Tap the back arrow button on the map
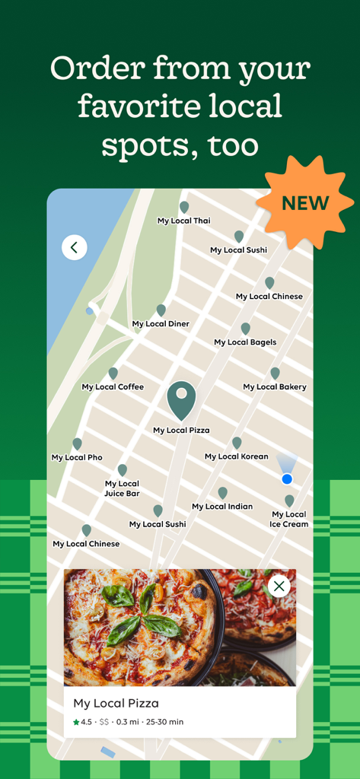pyautogui.click(x=74, y=247)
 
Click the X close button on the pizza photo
pyautogui.click(x=279, y=586)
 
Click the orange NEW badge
pyautogui.click(x=305, y=203)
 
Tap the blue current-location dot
pyautogui.click(x=287, y=479)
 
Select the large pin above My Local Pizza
pyautogui.click(x=181, y=399)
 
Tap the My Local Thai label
pyautogui.click(x=183, y=221)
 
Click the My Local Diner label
pyautogui.click(x=161, y=324)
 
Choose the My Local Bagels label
pyautogui.click(x=245, y=342)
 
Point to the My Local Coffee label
pyautogui.click(x=113, y=387)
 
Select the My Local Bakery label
pyautogui.click(x=275, y=387)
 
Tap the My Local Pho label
pyautogui.click(x=77, y=457)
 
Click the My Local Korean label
pyautogui.click(x=237, y=456)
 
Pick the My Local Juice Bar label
pyautogui.click(x=122, y=488)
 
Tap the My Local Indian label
pyautogui.click(x=222, y=507)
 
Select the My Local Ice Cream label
pyautogui.click(x=289, y=519)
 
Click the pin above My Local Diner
pyautogui.click(x=161, y=310)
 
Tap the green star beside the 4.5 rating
pyautogui.click(x=76, y=722)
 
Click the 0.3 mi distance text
pyautogui.click(x=128, y=722)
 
